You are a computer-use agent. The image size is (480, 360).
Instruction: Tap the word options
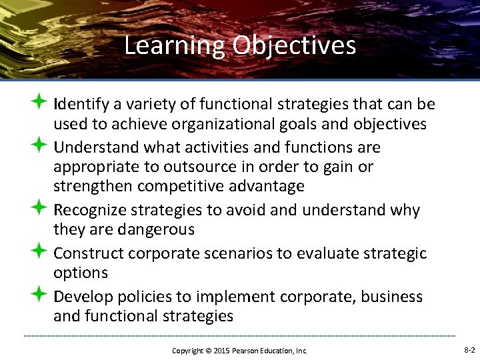pyautogui.click(x=81, y=273)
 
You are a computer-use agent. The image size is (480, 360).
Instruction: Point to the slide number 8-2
pyautogui.click(x=469, y=350)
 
